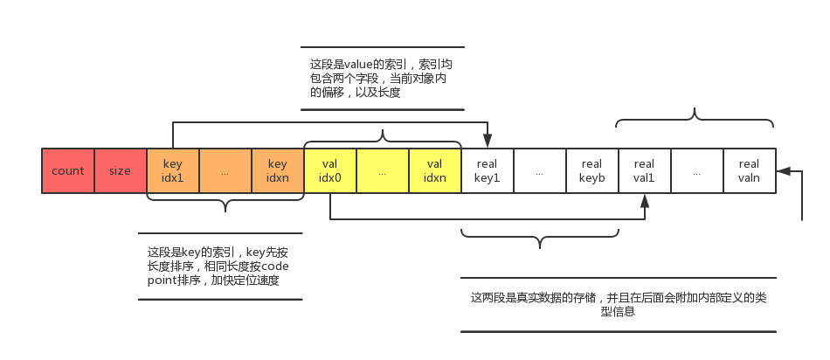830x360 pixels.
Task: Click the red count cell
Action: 68,170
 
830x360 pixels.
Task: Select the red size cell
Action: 121,170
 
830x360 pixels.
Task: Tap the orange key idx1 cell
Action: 173,170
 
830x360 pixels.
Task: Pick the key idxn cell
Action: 278,170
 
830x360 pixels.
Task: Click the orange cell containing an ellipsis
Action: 225,170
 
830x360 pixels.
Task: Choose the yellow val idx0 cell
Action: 330,170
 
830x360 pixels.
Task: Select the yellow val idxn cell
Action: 435,170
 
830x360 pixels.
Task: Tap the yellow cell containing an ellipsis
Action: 383,170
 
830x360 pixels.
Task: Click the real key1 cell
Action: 487,170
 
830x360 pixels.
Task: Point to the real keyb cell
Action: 591,170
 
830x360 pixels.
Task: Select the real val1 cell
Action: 644,170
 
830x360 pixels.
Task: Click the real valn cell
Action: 749,170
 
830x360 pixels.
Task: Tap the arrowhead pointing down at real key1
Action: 488,141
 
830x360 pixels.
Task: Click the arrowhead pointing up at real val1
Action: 645,201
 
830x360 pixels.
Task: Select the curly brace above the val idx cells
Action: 383,136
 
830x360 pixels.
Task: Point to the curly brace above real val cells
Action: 695,117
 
